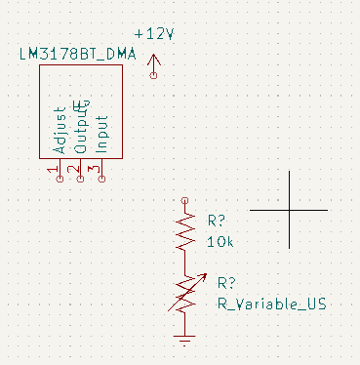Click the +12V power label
pyautogui.click(x=154, y=34)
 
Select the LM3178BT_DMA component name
pyautogui.click(x=77, y=54)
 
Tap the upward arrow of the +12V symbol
pyautogui.click(x=154, y=62)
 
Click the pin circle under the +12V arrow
pyautogui.click(x=154, y=75)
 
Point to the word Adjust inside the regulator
pyautogui.click(x=60, y=130)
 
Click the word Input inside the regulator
pyautogui.click(x=101, y=134)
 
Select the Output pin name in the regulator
pyautogui.click(x=81, y=127)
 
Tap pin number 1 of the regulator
pyautogui.click(x=53, y=170)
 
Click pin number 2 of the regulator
pyautogui.click(x=73, y=170)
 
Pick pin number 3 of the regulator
pyautogui.click(x=95, y=170)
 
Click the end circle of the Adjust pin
pyautogui.click(x=60, y=179)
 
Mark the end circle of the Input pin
pyautogui.click(x=101, y=179)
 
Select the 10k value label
pyautogui.click(x=220, y=242)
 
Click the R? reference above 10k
pyautogui.click(x=217, y=221)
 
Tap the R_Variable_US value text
pyautogui.click(x=271, y=304)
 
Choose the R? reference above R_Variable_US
pyautogui.click(x=226, y=283)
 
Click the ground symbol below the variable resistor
pyautogui.click(x=184, y=341)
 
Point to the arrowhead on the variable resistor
pyautogui.click(x=204, y=277)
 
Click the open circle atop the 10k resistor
pyautogui.click(x=184, y=200)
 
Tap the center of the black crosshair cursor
pyautogui.click(x=289, y=210)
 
